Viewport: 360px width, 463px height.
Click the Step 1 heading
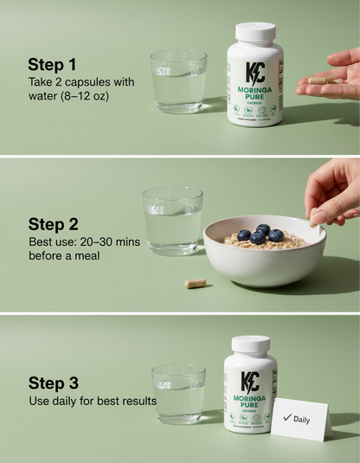(52, 64)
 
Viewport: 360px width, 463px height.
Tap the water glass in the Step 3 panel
(178, 394)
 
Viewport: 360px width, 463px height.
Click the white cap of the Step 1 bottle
(255, 33)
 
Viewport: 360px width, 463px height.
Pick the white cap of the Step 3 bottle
(250, 344)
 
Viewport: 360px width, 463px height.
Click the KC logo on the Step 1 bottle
(255, 74)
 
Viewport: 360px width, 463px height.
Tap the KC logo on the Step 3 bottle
(250, 382)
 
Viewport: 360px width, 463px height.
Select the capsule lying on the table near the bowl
(196, 283)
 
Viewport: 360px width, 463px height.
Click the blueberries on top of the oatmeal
(260, 234)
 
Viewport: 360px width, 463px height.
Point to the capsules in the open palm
(322, 80)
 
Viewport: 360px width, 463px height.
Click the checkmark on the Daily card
(286, 417)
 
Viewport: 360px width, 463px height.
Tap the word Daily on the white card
(302, 419)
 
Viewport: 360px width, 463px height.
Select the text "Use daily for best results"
(92, 401)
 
